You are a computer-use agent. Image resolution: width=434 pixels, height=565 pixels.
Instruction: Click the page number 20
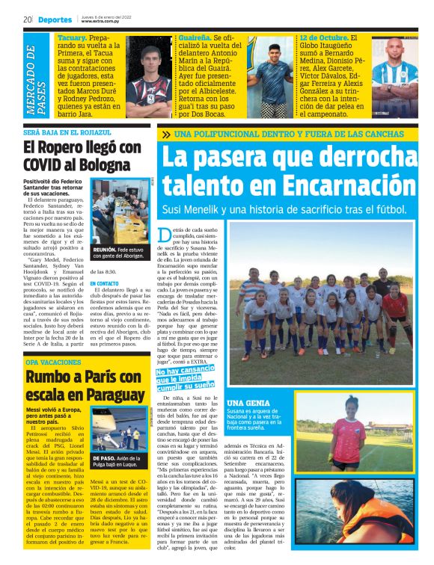point(27,19)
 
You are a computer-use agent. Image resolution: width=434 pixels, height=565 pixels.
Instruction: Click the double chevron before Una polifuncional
point(185,135)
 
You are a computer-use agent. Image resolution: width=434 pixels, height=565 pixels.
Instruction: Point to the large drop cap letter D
point(166,235)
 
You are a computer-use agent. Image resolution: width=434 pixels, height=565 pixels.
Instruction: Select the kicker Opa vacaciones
point(52,362)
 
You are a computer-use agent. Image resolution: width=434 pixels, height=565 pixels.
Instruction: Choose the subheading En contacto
point(105,284)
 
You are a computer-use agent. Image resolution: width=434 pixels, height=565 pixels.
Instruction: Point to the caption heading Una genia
point(244,404)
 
